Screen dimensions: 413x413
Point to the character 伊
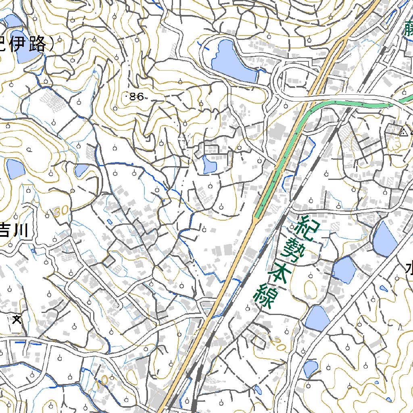pyautogui.click(x=21, y=45)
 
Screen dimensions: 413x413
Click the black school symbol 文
pyautogui.click(x=17, y=320)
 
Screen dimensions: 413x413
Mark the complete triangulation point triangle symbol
pyautogui.click(x=403, y=132)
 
